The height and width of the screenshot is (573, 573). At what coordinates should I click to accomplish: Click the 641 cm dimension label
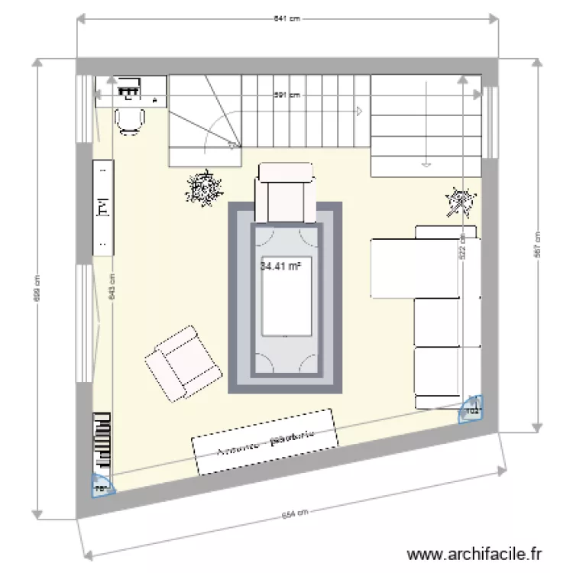pyautogui.click(x=286, y=20)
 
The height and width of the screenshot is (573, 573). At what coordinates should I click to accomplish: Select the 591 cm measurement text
pyautogui.click(x=287, y=95)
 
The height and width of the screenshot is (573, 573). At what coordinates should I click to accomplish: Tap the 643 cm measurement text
pyautogui.click(x=112, y=288)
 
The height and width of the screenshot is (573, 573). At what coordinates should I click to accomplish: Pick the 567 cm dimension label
pyautogui.click(x=537, y=245)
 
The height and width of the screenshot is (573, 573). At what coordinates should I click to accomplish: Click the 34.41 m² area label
pyautogui.click(x=280, y=267)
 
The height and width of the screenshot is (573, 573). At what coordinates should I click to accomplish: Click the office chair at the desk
pyautogui.click(x=130, y=120)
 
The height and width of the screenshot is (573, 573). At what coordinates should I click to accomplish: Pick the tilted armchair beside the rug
pyautogui.click(x=182, y=364)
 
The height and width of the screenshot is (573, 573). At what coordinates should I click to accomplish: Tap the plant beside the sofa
pyautogui.click(x=460, y=202)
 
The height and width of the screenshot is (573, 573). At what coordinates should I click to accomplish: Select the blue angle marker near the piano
pyautogui.click(x=100, y=485)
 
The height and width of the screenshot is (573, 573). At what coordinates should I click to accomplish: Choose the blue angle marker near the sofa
pyautogui.click(x=471, y=410)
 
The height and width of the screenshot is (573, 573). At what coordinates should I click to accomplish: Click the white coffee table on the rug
pyautogui.click(x=286, y=295)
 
